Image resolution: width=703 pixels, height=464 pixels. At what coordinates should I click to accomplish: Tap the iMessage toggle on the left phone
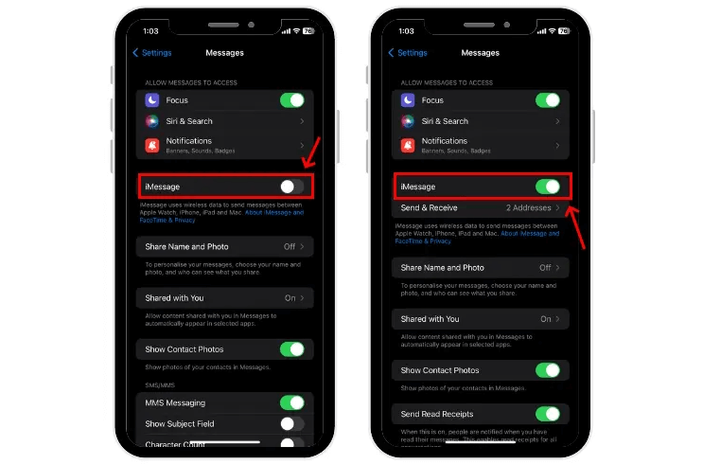pos(291,187)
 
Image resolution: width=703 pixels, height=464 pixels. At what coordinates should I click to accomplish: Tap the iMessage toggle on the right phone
pos(547,187)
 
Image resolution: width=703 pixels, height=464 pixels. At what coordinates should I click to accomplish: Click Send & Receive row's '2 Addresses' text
pos(529,207)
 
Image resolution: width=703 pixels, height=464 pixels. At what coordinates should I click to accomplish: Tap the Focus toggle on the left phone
pos(291,100)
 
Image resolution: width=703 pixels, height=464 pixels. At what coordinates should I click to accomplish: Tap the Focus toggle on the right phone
pos(547,100)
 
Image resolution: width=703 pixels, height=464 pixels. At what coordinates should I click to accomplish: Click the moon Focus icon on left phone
pos(151,100)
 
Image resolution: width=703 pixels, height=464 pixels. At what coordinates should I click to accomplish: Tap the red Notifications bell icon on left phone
pos(151,145)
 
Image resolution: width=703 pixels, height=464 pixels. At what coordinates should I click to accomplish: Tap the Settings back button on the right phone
pos(407,53)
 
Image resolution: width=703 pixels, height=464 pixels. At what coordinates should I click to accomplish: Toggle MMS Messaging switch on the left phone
pos(291,403)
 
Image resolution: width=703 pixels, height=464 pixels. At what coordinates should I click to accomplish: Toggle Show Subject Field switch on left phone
pos(291,424)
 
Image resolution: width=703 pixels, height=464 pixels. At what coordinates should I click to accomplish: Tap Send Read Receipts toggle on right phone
pos(547,414)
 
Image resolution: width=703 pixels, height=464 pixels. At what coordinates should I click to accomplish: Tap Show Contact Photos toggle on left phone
pos(291,349)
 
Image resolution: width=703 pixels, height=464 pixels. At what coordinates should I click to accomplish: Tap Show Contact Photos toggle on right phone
pos(547,370)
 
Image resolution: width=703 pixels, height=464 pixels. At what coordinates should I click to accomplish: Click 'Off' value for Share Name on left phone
pos(290,246)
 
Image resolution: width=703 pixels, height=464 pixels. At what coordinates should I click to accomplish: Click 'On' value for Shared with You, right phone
pos(546,319)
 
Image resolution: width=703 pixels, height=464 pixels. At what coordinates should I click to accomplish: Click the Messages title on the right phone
pos(481,53)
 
